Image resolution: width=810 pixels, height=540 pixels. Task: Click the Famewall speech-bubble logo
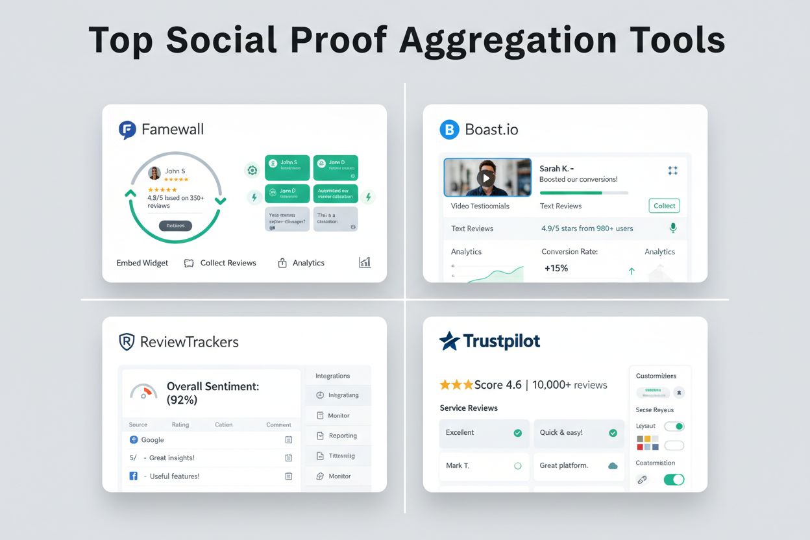click(x=127, y=130)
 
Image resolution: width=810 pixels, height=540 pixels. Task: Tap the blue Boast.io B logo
click(x=449, y=130)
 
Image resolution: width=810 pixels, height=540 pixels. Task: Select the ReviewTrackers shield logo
click(x=127, y=342)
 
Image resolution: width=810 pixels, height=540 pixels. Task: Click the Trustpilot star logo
click(x=449, y=341)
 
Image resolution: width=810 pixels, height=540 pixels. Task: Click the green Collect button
click(x=664, y=206)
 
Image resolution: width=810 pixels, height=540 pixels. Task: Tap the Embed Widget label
click(x=142, y=263)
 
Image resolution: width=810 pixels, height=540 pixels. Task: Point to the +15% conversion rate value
click(x=556, y=268)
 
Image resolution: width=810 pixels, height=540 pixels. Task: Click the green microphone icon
click(x=673, y=228)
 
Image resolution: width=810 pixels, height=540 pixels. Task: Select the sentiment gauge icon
click(x=143, y=392)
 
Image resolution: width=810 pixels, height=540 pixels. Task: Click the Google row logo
click(x=134, y=439)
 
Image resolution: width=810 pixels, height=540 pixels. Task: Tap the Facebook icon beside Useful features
click(x=134, y=476)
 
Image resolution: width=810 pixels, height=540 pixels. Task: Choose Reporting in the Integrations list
click(x=342, y=436)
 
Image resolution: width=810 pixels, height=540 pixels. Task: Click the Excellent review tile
click(x=484, y=433)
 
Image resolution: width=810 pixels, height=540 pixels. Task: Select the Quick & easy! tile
click(x=578, y=433)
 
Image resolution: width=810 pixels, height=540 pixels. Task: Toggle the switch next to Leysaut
click(x=674, y=426)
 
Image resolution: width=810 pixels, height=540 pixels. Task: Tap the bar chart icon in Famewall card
click(x=365, y=262)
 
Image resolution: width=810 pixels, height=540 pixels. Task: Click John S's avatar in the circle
click(x=154, y=173)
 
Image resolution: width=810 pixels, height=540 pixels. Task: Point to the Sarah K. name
click(x=556, y=169)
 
